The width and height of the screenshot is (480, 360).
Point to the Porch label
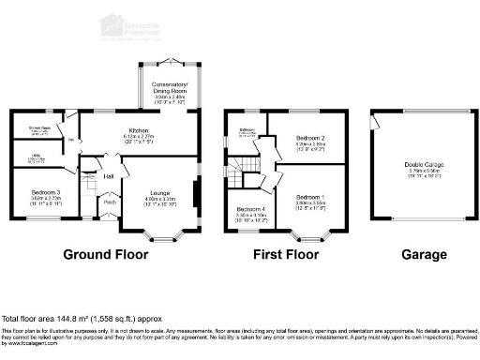(x=110, y=202)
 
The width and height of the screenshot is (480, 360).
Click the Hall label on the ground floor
(x=109, y=175)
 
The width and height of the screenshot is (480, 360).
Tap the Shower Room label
(x=38, y=127)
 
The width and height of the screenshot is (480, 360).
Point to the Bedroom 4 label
(x=251, y=208)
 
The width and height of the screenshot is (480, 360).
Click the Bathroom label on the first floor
(x=247, y=130)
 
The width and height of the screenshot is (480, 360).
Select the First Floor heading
(x=287, y=254)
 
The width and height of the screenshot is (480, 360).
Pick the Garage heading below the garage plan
(x=416, y=254)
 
